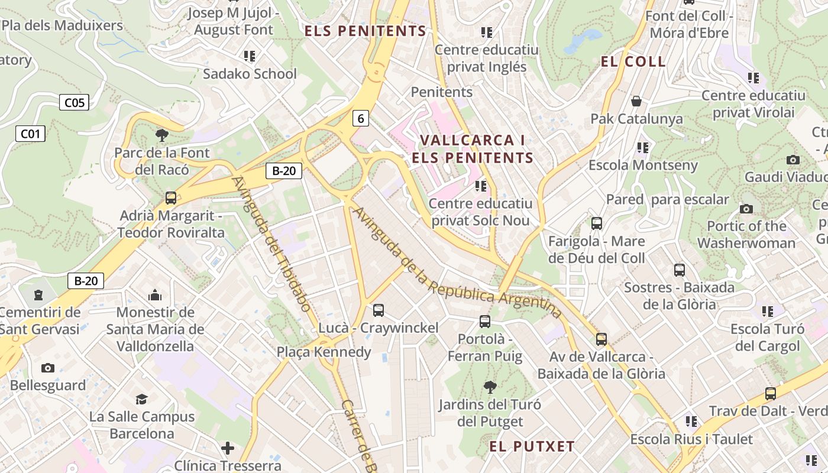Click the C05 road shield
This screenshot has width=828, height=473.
[74, 103]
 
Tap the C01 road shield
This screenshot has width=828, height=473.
[30, 134]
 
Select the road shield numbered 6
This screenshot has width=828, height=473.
[360, 118]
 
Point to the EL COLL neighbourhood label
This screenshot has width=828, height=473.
[633, 61]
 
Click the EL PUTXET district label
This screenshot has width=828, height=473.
[532, 446]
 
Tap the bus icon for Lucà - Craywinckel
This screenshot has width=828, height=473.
[379, 310]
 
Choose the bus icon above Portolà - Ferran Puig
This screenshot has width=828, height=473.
[485, 321]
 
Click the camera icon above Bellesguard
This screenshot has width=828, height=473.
[48, 368]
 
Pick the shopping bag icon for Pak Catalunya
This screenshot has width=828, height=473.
[636, 101]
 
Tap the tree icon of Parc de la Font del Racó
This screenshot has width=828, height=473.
[162, 135]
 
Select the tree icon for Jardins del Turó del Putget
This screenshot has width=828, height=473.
[490, 387]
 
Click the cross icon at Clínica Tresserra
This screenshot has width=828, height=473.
[228, 448]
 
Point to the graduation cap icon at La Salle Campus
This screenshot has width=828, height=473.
[141, 399]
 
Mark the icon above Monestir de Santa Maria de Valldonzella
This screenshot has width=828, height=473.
[155, 294]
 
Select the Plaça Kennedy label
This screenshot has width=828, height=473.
[324, 352]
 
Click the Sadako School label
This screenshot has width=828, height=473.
[250, 74]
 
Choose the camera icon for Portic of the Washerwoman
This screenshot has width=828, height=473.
[746, 209]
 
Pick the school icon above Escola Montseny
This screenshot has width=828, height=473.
[643, 147]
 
